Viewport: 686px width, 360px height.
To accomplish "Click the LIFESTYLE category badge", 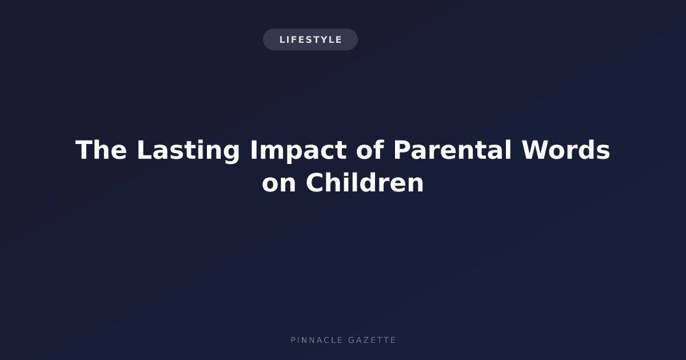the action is (x=310, y=39).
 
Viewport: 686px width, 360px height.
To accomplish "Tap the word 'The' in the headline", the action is (x=101, y=150).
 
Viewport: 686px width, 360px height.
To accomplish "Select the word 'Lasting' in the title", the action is (x=188, y=151).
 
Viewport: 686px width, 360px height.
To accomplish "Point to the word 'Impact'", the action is (x=298, y=151).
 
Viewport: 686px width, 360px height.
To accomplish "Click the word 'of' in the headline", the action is (x=370, y=149).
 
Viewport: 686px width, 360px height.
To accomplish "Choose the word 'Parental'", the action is (x=452, y=149).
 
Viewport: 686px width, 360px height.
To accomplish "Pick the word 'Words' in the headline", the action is (x=566, y=149).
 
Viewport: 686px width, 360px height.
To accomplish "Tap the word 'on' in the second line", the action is (x=279, y=183).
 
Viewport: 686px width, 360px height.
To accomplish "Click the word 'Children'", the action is (x=365, y=182).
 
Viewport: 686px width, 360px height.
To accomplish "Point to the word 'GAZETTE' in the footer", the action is (x=372, y=340).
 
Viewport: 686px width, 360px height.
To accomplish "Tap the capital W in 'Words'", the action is (x=536, y=150).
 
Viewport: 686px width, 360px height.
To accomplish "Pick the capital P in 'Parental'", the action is (x=402, y=150).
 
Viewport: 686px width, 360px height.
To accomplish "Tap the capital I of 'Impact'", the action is (x=253, y=150).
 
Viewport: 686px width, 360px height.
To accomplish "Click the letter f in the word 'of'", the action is (x=378, y=149).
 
